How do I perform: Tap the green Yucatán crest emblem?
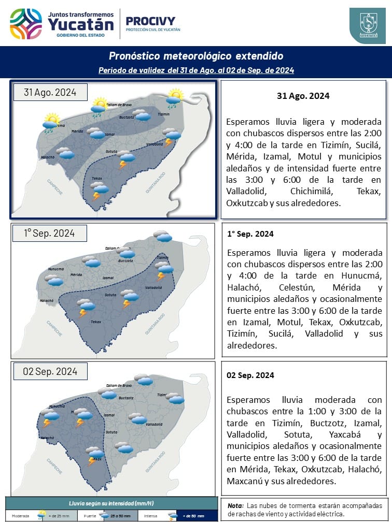367,25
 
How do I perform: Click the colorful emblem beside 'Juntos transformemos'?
26,23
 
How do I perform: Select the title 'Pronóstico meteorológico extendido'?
196,56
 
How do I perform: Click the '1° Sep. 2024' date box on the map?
49,233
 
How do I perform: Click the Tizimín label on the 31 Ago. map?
163,114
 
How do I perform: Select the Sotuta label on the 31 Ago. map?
110,151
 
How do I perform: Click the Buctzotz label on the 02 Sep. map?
126,398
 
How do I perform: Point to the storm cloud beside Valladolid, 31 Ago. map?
171,136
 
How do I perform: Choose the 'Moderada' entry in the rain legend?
21,516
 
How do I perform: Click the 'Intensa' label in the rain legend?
151,516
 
